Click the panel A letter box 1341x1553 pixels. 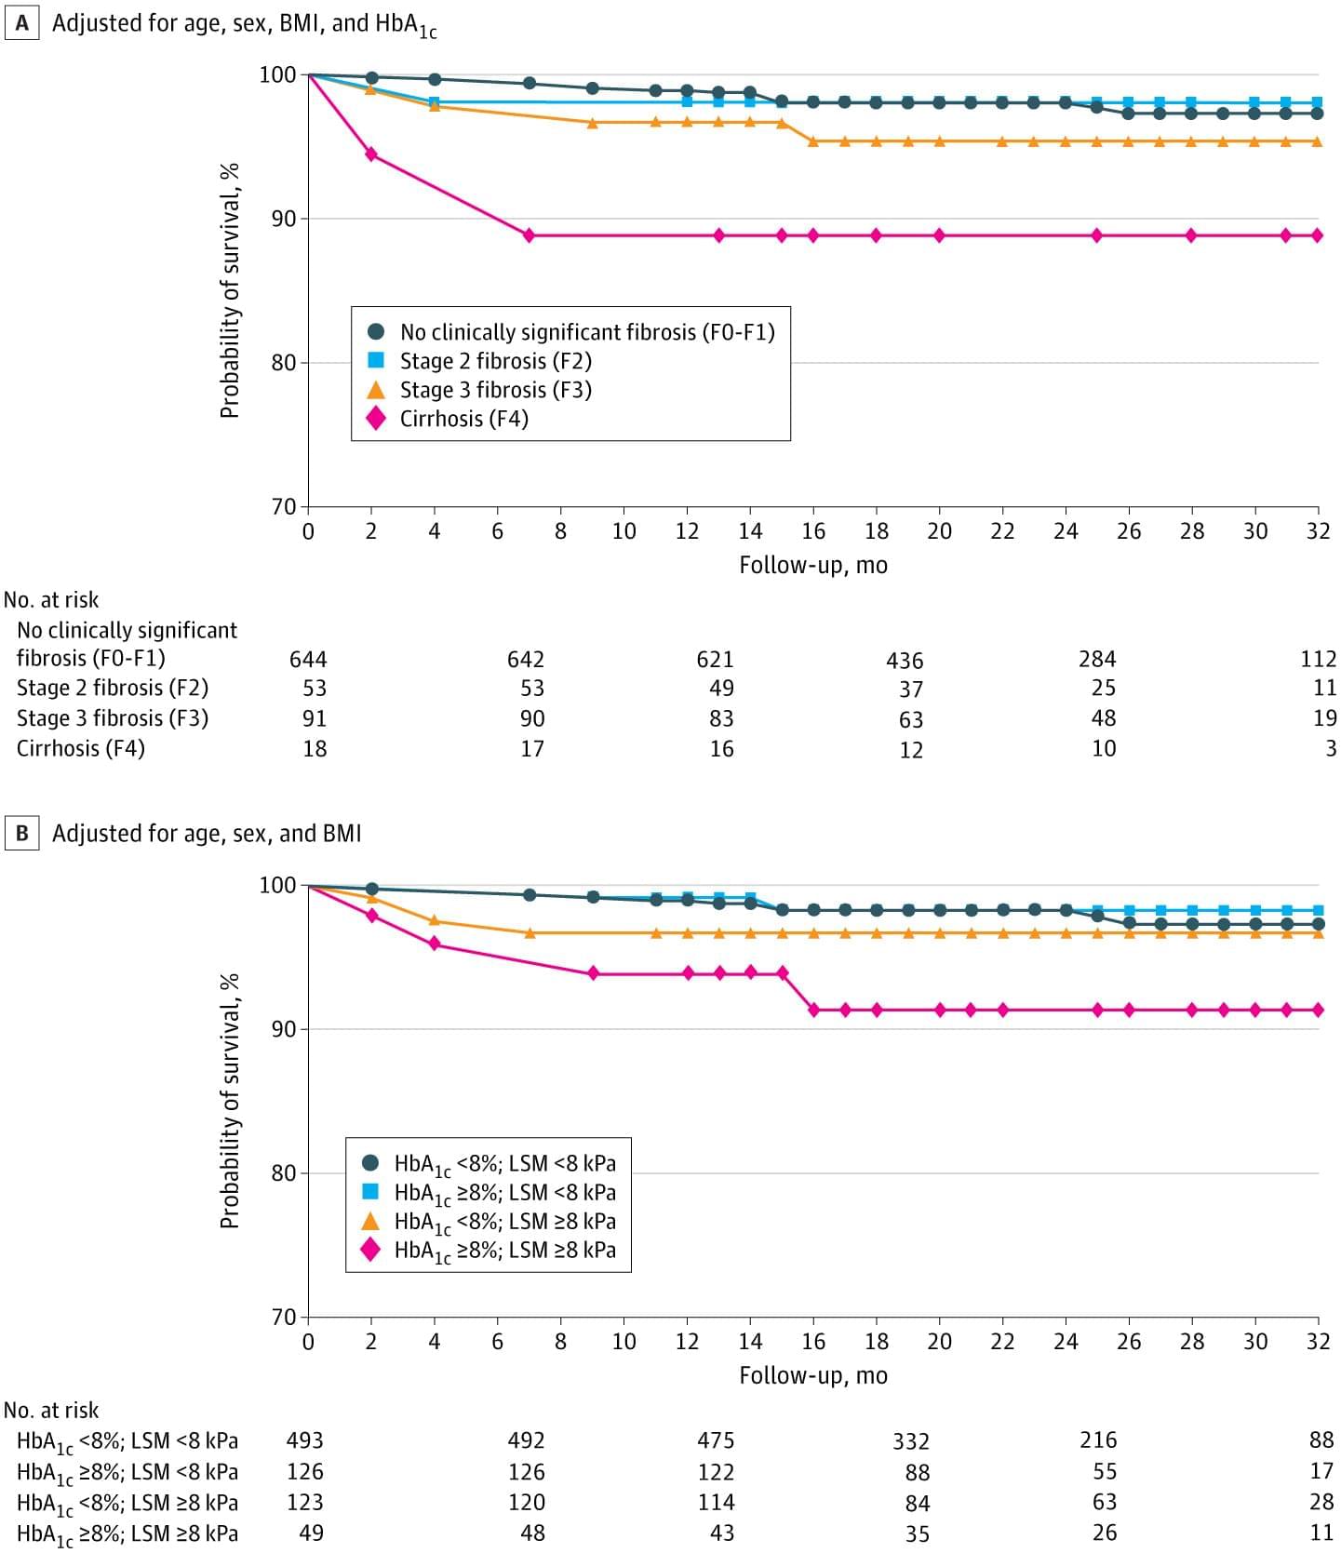coord(21,22)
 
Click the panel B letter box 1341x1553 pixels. coord(21,833)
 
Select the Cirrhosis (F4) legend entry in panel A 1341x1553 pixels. coord(463,419)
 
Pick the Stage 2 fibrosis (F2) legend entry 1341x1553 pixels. coord(495,361)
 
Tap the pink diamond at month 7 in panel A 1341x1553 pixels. coord(529,235)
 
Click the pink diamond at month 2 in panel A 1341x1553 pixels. coord(371,154)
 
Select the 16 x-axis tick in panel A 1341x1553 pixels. coord(813,531)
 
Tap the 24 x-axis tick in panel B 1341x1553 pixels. coord(1066,1342)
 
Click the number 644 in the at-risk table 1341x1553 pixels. coord(308,660)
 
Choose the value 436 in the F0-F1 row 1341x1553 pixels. coord(905,661)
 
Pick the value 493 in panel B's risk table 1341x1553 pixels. coord(304,1440)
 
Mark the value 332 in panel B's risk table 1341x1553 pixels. coord(911,1441)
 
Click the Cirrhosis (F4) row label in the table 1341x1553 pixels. coord(81,748)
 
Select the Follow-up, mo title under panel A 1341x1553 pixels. coord(813,565)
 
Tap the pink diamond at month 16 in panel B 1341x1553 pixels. coord(813,1010)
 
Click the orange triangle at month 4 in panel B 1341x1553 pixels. coord(435,921)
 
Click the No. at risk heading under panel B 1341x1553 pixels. coord(51,1411)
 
